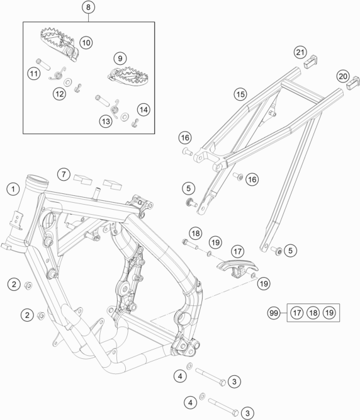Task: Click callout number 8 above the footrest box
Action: [88, 7]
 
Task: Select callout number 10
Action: [86, 43]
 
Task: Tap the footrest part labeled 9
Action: [128, 76]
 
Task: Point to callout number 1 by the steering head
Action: [13, 190]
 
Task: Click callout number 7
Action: [64, 174]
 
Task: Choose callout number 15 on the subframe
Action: [240, 94]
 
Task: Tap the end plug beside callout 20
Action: [354, 83]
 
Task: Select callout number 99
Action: [274, 313]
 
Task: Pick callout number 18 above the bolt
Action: [196, 234]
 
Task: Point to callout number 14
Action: [143, 110]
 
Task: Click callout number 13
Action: [106, 122]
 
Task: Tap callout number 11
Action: [34, 74]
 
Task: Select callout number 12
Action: [59, 94]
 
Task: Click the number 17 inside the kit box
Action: [297, 312]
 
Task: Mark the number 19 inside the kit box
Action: [330, 312]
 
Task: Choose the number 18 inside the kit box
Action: [313, 312]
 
